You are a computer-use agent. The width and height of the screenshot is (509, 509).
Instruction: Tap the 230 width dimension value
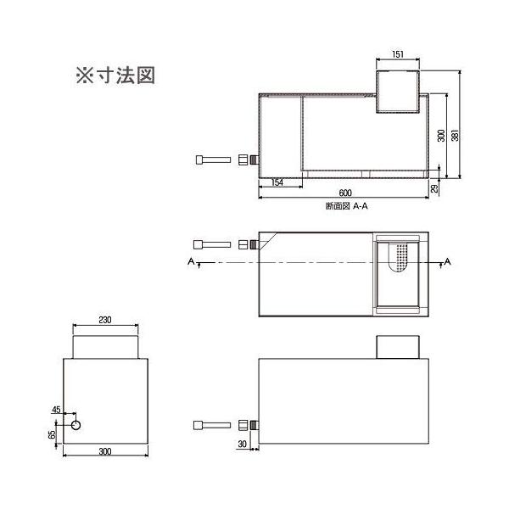(x=104, y=321)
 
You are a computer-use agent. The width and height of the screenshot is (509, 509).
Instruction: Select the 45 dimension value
(x=56, y=410)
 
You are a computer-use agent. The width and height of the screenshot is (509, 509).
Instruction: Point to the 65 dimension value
(x=51, y=434)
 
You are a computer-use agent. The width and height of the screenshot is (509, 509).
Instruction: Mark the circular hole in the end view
(x=76, y=424)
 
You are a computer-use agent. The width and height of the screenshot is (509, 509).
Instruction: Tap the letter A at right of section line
(x=447, y=260)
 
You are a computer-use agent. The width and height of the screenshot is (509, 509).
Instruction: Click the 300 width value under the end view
(x=104, y=451)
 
